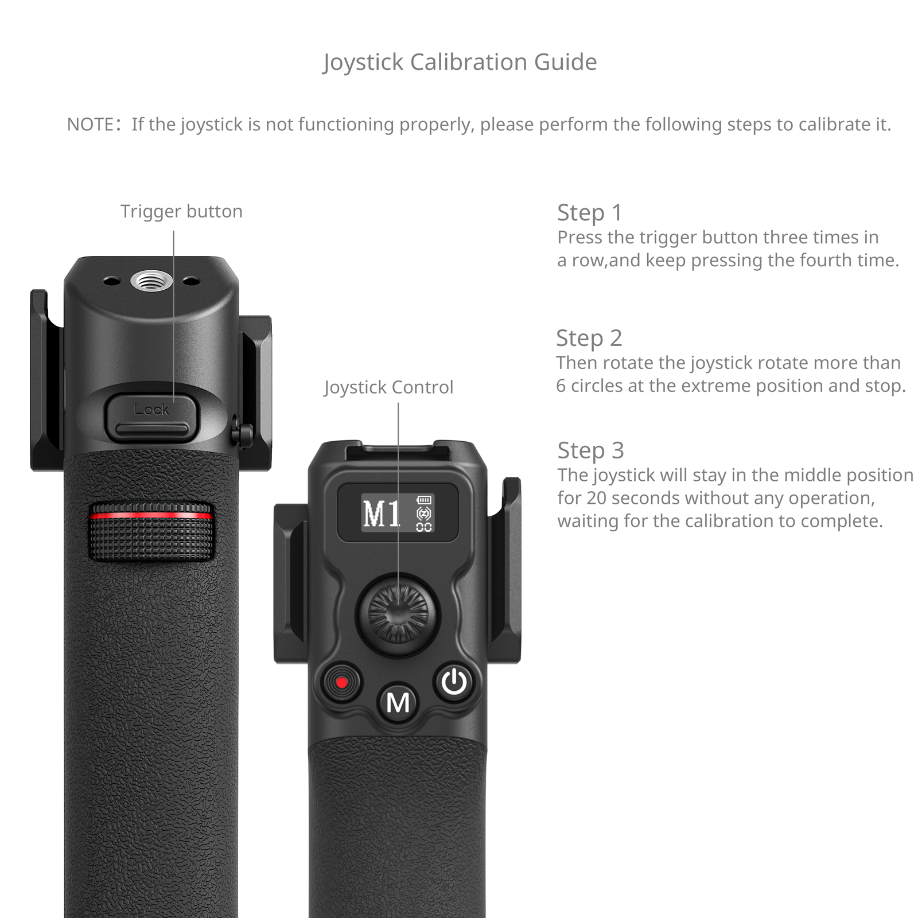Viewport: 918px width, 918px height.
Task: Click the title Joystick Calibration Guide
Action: click(460, 63)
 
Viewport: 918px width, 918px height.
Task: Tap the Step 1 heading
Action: click(590, 213)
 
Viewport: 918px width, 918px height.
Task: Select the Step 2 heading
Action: click(589, 339)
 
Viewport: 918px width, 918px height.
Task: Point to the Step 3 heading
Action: click(590, 451)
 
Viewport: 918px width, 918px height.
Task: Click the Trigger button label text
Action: click(181, 212)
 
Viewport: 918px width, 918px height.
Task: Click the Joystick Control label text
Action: click(388, 387)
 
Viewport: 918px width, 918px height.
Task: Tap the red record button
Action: click(341, 683)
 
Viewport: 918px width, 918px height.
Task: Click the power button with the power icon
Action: click(454, 682)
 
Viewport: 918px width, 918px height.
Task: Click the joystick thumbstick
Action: click(398, 613)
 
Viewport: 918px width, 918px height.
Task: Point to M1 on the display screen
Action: click(381, 513)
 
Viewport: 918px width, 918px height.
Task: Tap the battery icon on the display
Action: click(424, 500)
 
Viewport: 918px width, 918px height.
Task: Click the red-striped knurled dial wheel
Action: click(151, 531)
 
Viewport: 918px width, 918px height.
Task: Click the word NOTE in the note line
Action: click(90, 125)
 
